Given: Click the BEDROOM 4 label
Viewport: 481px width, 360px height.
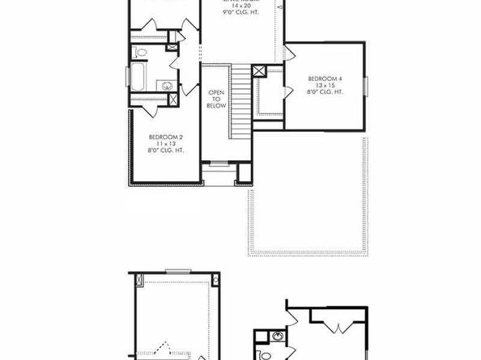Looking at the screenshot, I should pyautogui.click(x=326, y=78).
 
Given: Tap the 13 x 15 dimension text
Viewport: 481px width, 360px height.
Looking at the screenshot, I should pyautogui.click(x=326, y=85).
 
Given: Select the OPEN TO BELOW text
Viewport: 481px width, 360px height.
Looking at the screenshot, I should pyautogui.click(x=216, y=99).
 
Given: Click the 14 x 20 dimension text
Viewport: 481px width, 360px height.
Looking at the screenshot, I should pyautogui.click(x=240, y=6).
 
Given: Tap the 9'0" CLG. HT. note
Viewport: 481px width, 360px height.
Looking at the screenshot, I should pyautogui.click(x=240, y=13).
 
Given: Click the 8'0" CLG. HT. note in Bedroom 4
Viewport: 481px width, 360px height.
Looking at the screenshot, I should pyautogui.click(x=326, y=91).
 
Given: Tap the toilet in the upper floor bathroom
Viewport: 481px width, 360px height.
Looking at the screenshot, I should pyautogui.click(x=141, y=53).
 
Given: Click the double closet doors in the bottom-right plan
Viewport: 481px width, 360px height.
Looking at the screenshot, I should pyautogui.click(x=338, y=327).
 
